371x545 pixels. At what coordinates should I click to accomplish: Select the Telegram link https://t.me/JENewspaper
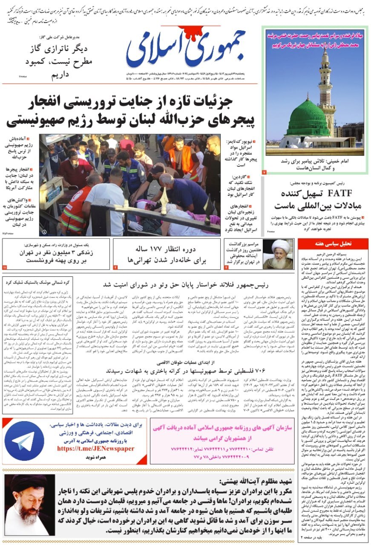pyautogui.click(x=95, y=448)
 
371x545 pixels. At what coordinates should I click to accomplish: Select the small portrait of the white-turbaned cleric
pyautogui.click(x=278, y=254)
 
